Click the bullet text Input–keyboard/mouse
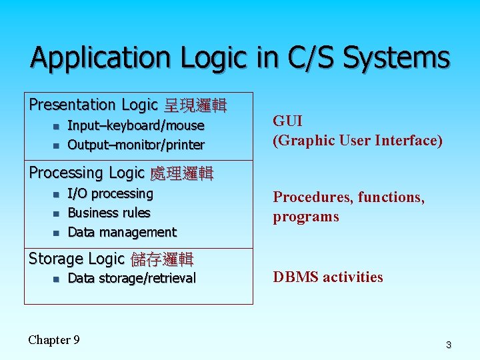pos(136,125)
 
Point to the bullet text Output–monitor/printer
pos(136,145)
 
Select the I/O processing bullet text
pos(111,193)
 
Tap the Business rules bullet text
pos(109,213)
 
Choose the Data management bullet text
pos(122,232)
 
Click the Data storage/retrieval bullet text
pos(132,278)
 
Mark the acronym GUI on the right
pos(288,121)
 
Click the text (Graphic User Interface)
pos(357,140)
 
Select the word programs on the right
pos(305,217)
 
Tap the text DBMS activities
pos(328,277)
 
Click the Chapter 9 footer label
pos(54,340)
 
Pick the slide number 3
pos(449,345)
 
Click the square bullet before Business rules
pos(55,213)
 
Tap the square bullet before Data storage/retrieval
pos(55,279)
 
